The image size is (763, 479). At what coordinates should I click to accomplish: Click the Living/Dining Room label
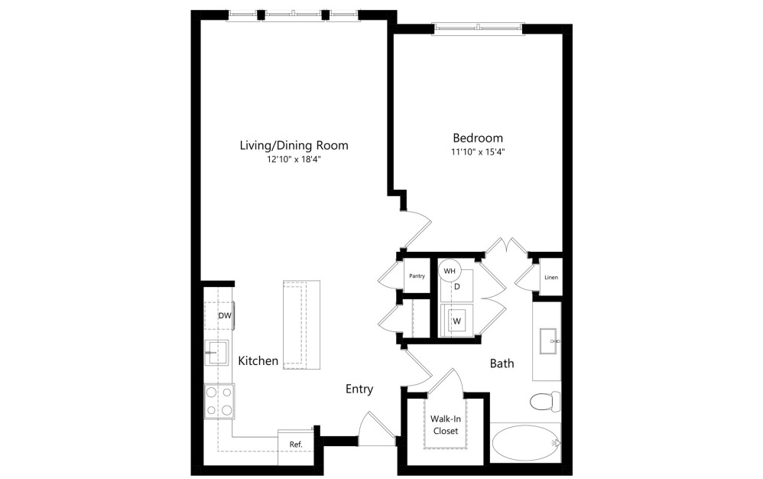click(x=294, y=145)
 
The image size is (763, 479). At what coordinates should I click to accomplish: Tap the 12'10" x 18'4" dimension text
click(x=294, y=159)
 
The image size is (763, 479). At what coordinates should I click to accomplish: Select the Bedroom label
click(x=478, y=138)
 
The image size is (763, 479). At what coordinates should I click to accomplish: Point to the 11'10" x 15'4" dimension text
click(x=478, y=152)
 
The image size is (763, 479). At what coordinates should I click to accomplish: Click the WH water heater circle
click(x=450, y=271)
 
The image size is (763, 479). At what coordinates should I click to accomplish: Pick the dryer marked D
click(x=457, y=286)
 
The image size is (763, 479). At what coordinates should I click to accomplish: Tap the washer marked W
click(x=457, y=320)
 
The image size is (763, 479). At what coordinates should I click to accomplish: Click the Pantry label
click(x=417, y=276)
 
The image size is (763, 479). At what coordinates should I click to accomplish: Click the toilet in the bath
click(x=545, y=400)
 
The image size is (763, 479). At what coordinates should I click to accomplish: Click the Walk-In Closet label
click(x=444, y=425)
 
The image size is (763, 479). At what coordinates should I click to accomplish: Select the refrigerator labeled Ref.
click(x=296, y=444)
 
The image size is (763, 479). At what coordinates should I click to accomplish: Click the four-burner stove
click(x=219, y=400)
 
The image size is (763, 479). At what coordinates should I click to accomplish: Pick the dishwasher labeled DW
click(x=224, y=315)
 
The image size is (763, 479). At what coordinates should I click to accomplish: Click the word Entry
click(x=359, y=389)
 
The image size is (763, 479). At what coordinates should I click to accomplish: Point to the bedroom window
click(x=478, y=29)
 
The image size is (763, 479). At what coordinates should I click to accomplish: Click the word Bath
click(x=502, y=363)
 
